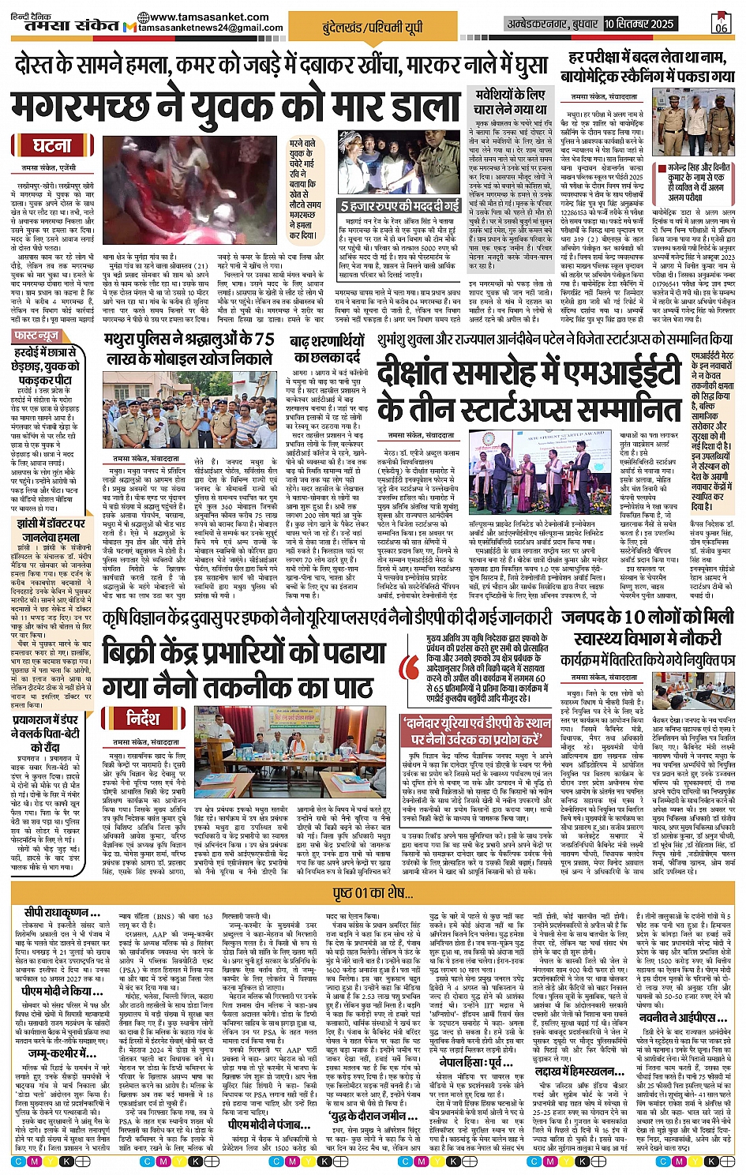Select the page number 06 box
(x=720, y=23)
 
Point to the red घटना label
(x=52, y=145)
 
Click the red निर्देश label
(x=142, y=717)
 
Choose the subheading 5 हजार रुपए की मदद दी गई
(x=399, y=205)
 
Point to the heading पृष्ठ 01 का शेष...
(x=373, y=892)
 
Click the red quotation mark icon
(x=410, y=666)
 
